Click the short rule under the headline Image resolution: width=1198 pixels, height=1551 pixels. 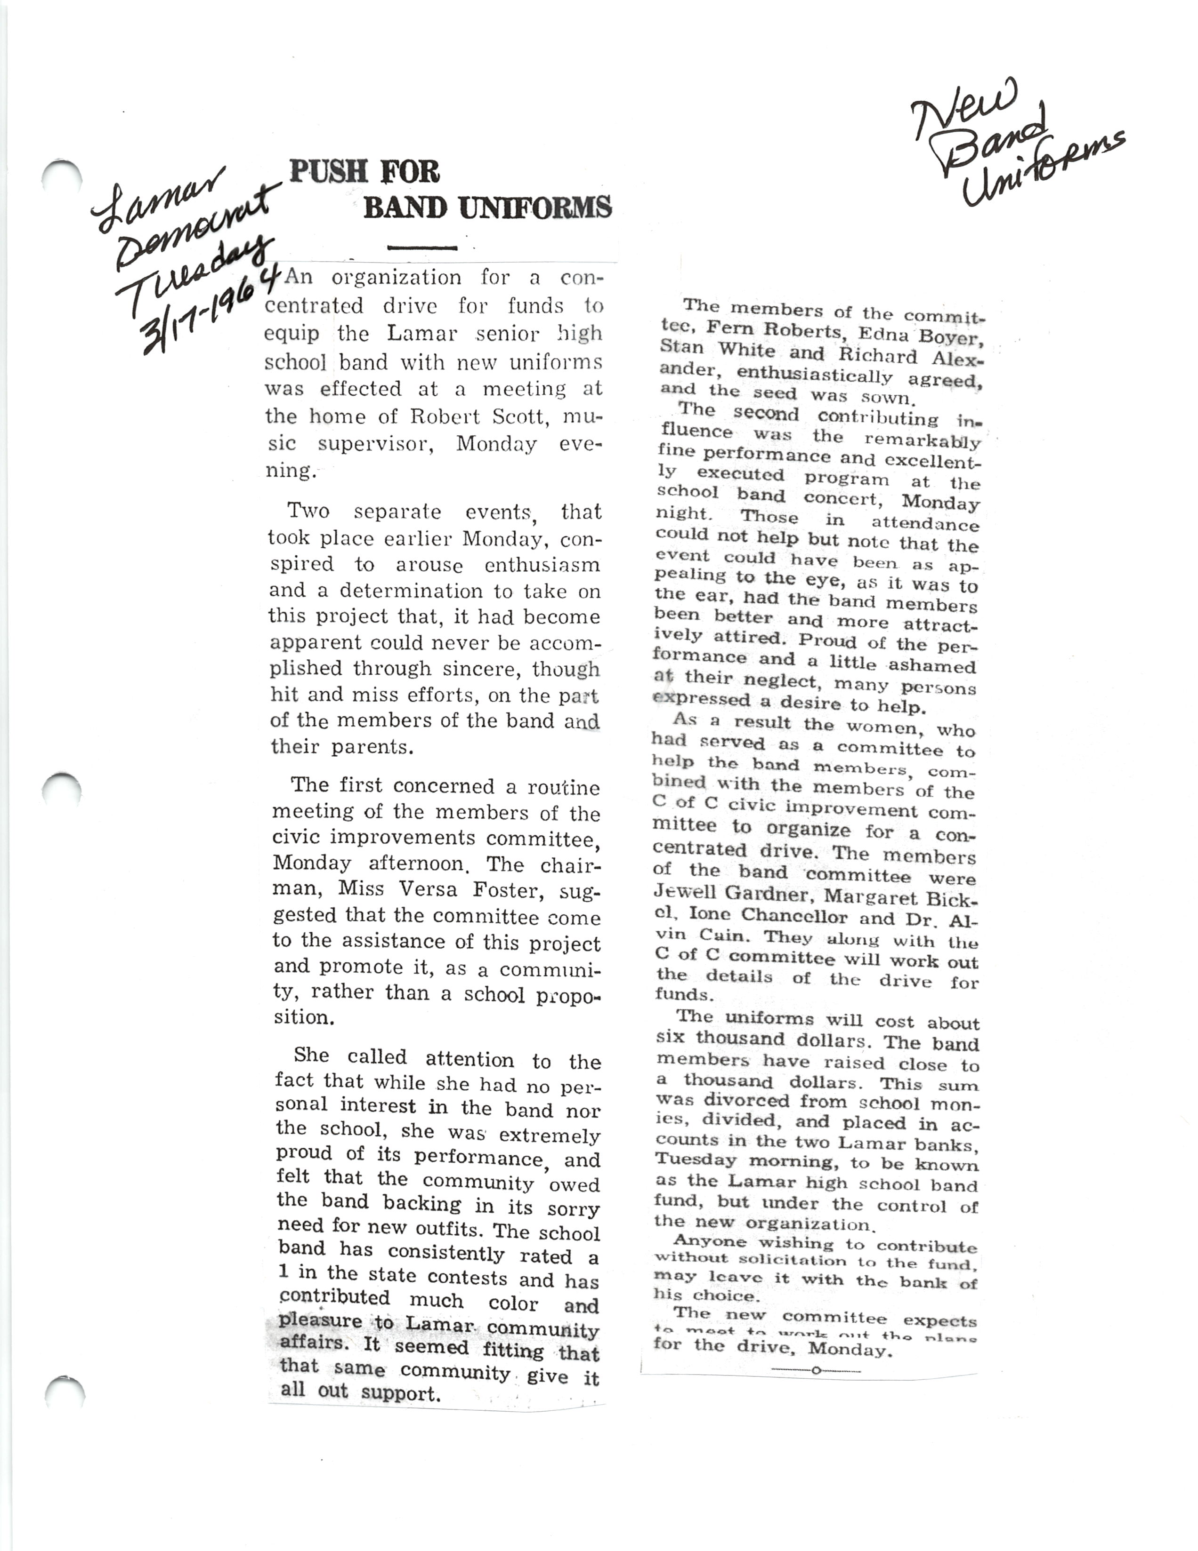tap(422, 248)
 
